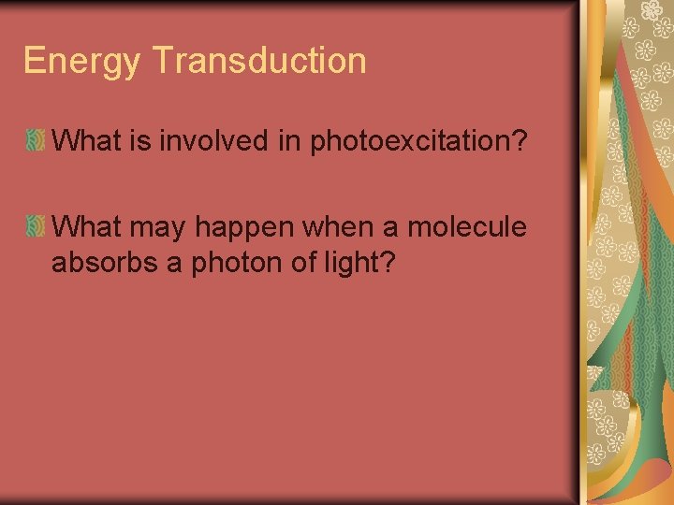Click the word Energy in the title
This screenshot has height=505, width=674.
81,62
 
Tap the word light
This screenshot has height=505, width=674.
345,264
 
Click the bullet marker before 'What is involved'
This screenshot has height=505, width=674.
35,142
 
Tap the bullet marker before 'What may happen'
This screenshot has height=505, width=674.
35,226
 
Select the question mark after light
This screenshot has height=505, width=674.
385,263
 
